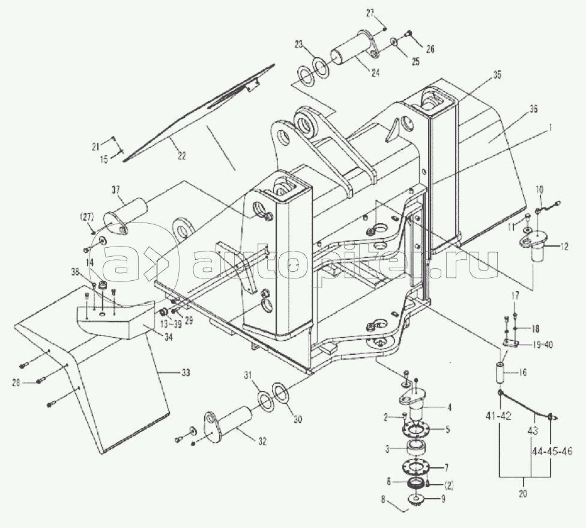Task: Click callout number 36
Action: (533, 109)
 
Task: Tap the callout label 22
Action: (181, 156)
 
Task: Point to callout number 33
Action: (186, 373)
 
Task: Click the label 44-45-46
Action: (551, 451)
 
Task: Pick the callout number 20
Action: (523, 494)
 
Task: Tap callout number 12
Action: (564, 247)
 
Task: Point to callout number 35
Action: (497, 75)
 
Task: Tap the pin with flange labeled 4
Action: (415, 401)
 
